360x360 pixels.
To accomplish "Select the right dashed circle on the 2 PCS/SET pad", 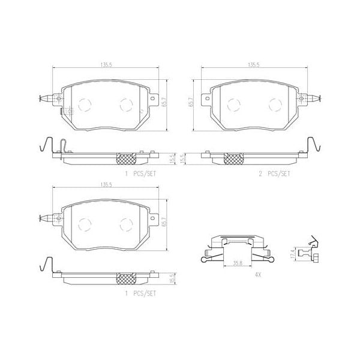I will coord(275,104).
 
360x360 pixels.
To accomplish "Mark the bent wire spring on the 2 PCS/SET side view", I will coord(310,147).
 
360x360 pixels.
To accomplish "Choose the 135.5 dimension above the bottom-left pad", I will coord(109,185).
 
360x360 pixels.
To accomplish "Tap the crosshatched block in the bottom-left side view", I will coord(126,279).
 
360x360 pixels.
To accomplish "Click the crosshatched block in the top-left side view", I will coord(126,157).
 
